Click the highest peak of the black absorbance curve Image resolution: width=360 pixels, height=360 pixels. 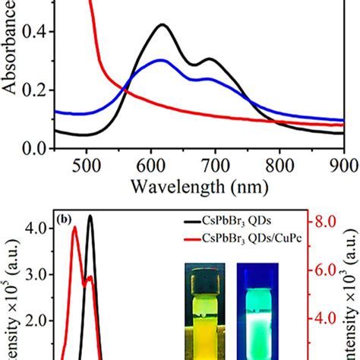coord(163,25)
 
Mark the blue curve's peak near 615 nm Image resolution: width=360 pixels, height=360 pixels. coord(162,59)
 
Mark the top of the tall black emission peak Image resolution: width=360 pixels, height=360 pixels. coord(90,216)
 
